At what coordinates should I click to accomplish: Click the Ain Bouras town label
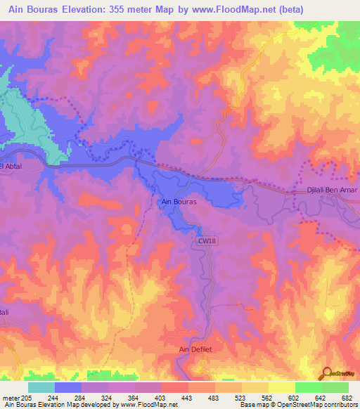pos(179,202)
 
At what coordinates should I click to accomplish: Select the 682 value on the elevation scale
pos(345,397)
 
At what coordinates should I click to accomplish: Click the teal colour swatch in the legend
pos(41,387)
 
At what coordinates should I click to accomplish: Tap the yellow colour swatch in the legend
pos(282,387)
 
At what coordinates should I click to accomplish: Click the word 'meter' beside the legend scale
pos(11,397)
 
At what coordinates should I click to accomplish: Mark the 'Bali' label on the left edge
pos(5,311)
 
